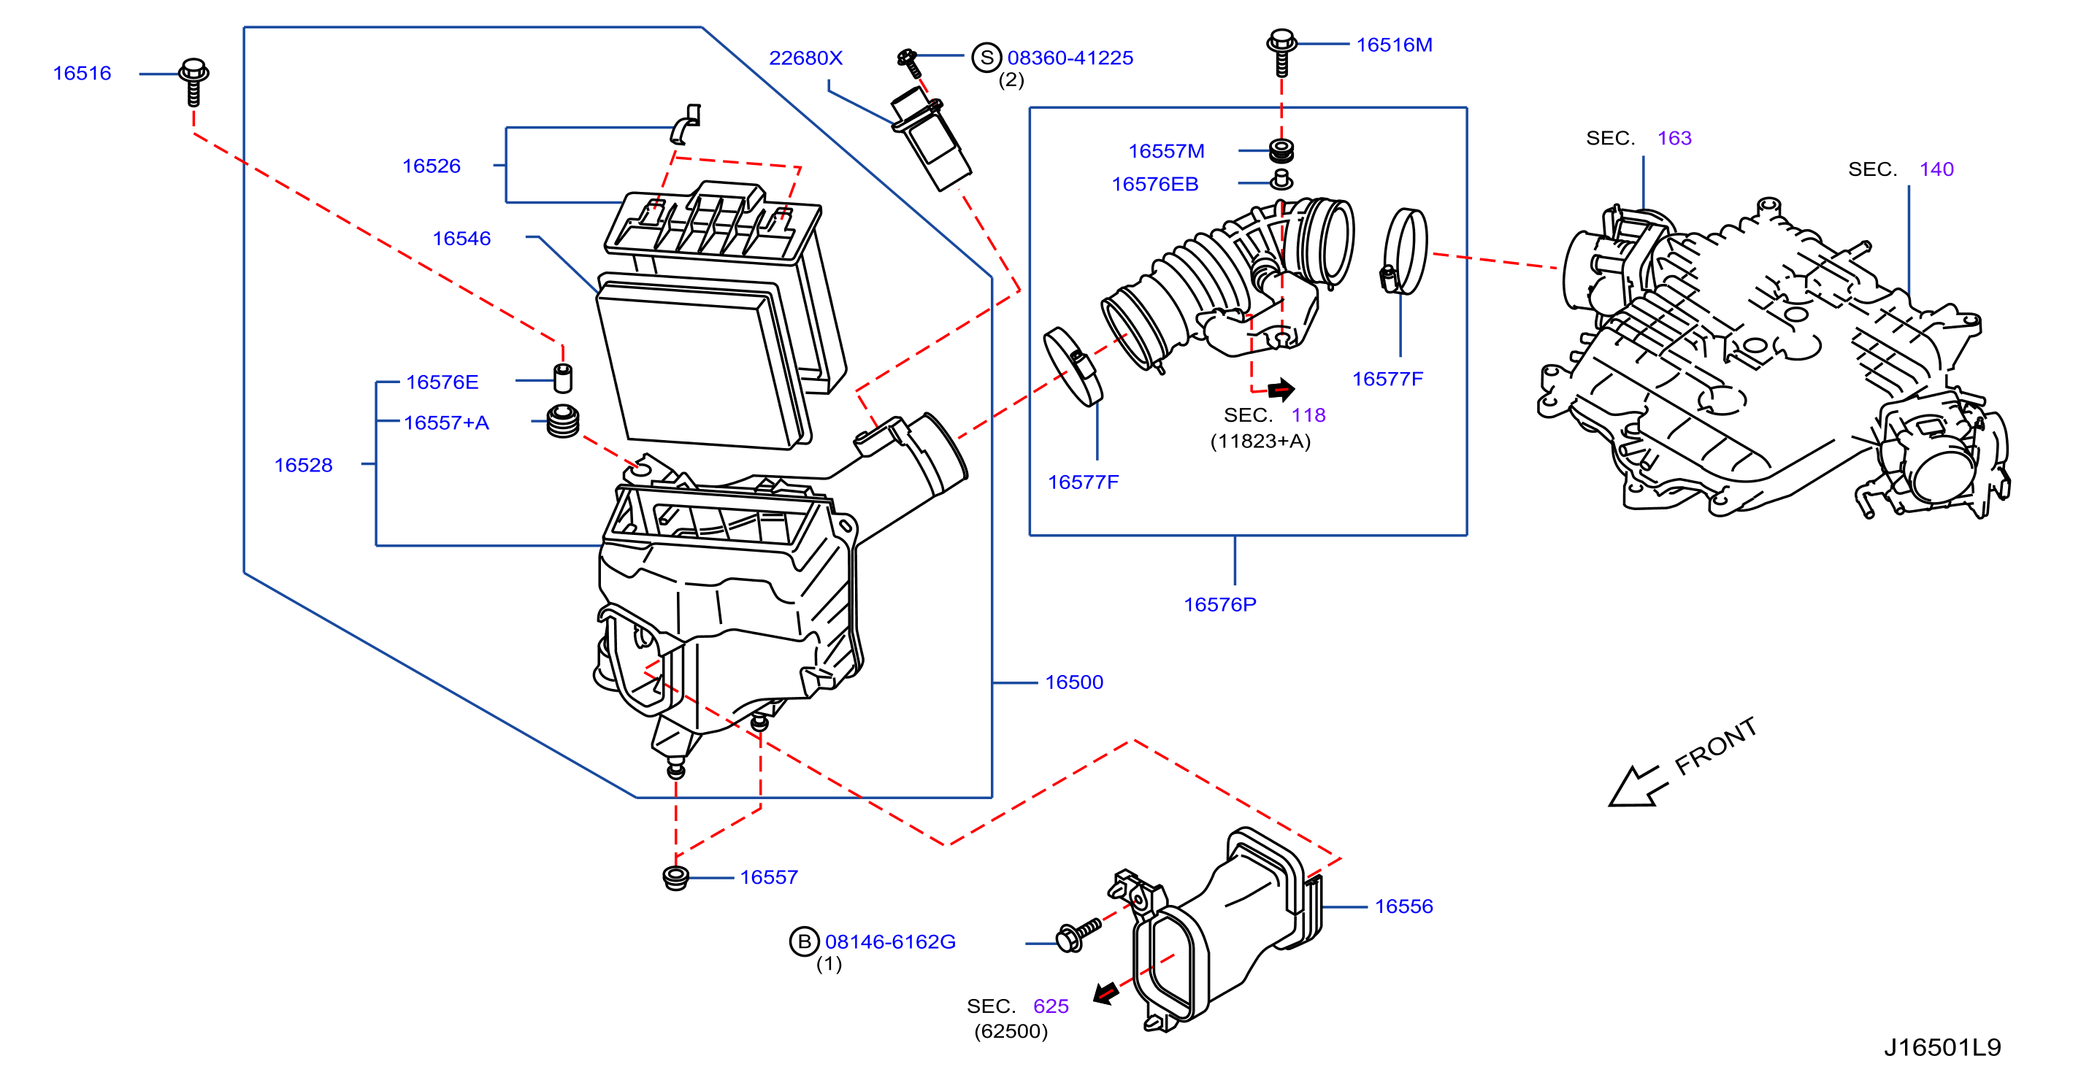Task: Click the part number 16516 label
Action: coord(82,74)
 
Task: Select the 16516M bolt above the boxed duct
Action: coord(1281,53)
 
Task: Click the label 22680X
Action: coord(805,58)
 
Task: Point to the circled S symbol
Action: coord(986,58)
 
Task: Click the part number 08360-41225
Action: coord(1070,58)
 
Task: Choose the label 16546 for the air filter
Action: coord(461,238)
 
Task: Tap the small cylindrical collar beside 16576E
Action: coord(563,378)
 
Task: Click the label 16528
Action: coord(303,465)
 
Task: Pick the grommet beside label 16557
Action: coord(675,877)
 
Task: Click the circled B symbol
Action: coord(805,941)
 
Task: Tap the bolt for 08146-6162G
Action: coord(1078,935)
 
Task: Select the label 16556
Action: coord(1404,906)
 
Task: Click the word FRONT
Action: coord(1715,747)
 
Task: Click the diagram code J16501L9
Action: coord(1942,1047)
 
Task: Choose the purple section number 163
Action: coord(1674,138)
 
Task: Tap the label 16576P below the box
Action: coord(1220,605)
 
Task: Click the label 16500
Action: coord(1073,682)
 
